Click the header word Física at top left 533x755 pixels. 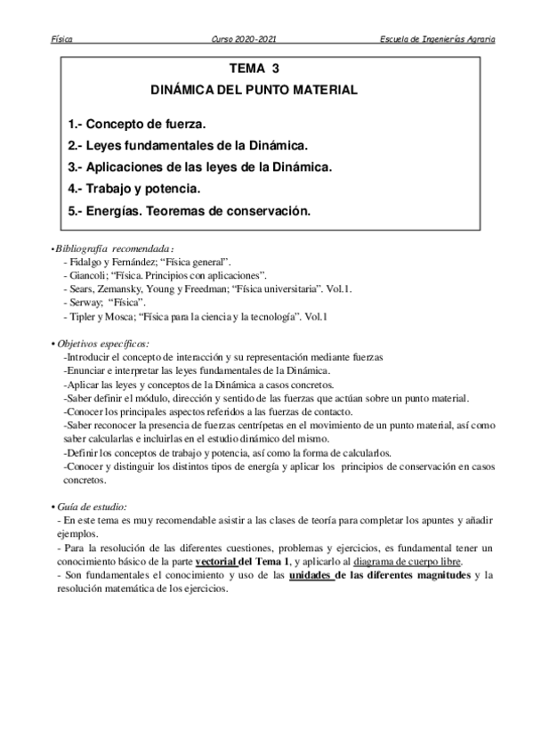[62, 40]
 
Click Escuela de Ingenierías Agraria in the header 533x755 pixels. [437, 40]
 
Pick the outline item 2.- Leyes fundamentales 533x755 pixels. [189, 144]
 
